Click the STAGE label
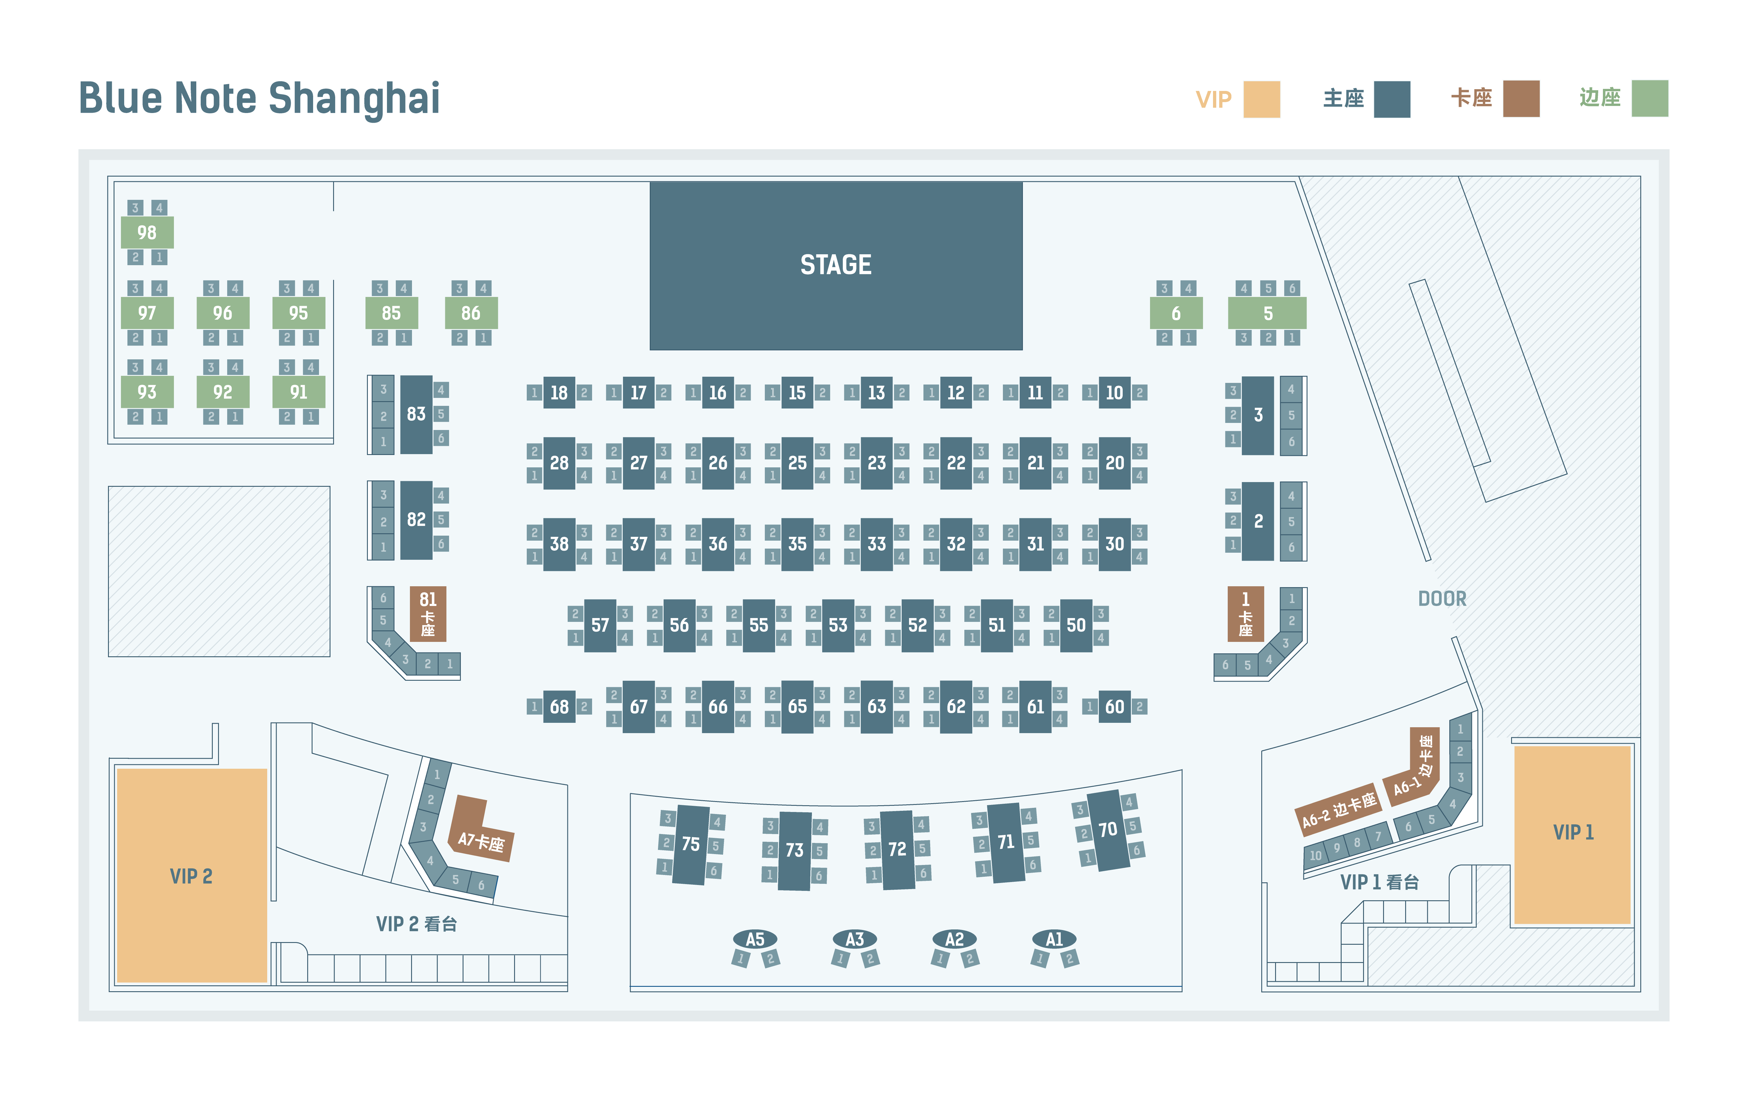coord(835,265)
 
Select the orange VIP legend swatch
coord(1262,99)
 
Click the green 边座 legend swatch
coord(1650,99)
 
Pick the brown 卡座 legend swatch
coord(1521,99)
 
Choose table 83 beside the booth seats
coord(416,414)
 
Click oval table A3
coord(855,939)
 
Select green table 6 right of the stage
coord(1176,313)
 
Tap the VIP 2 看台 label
coord(416,924)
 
